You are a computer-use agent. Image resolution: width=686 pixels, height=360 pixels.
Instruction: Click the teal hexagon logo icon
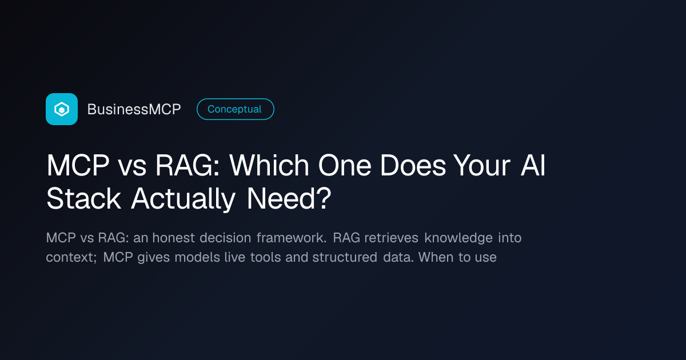(x=62, y=109)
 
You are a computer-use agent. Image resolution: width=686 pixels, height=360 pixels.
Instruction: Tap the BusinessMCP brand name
(x=134, y=109)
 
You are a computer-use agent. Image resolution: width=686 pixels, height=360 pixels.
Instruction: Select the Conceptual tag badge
(x=235, y=109)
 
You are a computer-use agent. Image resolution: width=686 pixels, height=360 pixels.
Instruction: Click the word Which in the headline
(x=269, y=165)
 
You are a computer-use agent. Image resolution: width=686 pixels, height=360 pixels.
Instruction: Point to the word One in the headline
(x=345, y=166)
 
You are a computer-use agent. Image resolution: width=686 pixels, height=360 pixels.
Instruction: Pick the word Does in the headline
(x=413, y=166)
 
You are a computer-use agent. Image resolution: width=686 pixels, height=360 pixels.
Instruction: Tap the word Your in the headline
(x=482, y=166)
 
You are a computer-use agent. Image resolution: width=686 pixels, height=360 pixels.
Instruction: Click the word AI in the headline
(x=533, y=165)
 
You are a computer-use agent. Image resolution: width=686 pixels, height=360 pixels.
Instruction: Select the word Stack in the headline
(x=83, y=199)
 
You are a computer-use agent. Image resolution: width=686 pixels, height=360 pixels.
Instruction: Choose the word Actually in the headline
(x=183, y=199)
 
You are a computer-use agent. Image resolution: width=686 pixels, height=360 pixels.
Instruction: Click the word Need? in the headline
(x=289, y=199)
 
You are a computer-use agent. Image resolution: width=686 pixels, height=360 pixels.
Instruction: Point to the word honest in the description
(x=173, y=238)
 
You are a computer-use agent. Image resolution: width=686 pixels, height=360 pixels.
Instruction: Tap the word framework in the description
(x=291, y=238)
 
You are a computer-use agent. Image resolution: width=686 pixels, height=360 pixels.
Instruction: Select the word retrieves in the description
(x=391, y=238)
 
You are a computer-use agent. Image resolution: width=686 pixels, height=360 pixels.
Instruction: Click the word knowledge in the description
(x=458, y=238)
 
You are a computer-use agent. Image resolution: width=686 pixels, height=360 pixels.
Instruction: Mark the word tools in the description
(x=265, y=257)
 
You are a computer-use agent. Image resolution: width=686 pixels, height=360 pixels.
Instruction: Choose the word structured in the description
(x=345, y=257)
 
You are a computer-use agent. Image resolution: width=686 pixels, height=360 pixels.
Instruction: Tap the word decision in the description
(x=225, y=238)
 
